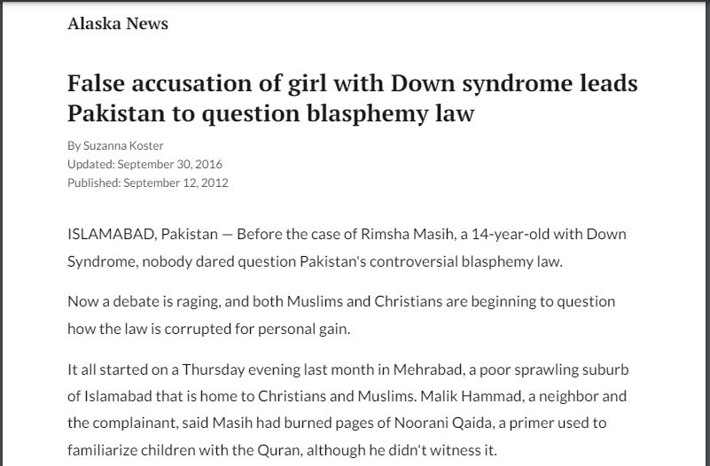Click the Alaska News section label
point(117,24)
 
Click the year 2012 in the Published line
point(214,183)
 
